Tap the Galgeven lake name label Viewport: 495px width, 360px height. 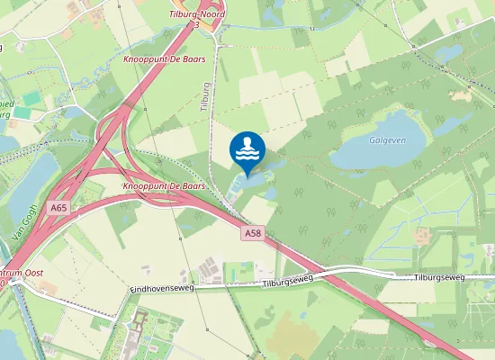point(384,140)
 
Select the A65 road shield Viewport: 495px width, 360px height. point(58,208)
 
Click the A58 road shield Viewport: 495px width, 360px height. point(253,233)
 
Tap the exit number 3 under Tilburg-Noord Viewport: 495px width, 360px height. point(197,25)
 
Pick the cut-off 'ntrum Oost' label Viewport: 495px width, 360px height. point(18,273)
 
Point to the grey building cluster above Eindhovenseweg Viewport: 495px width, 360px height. point(210,267)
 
